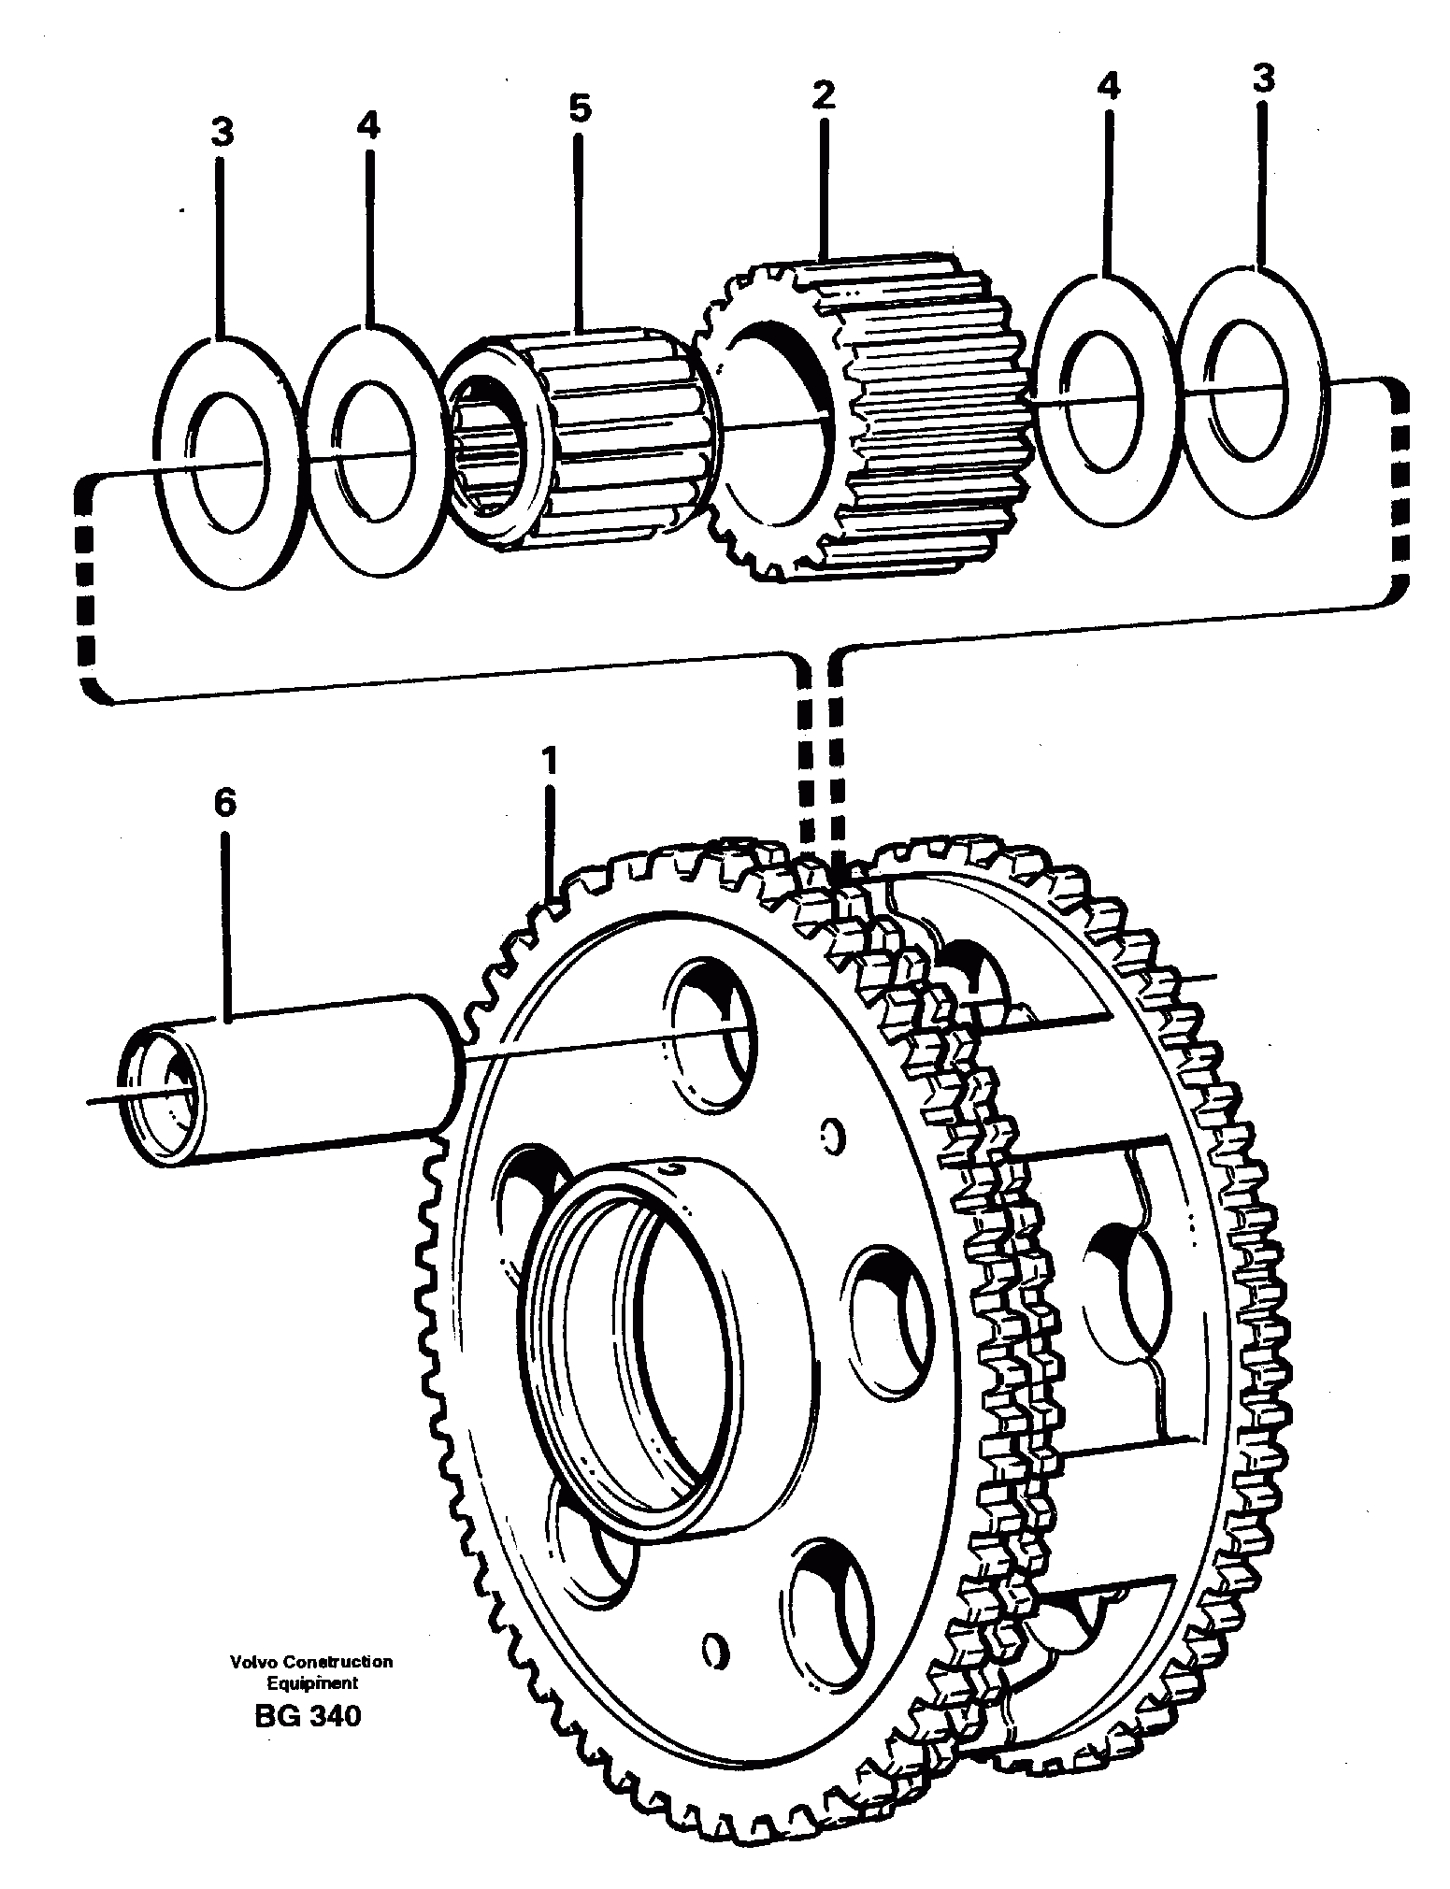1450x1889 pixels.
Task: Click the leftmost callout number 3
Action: point(222,134)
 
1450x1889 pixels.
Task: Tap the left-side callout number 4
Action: point(368,125)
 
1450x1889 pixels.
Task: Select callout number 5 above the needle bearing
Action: point(580,109)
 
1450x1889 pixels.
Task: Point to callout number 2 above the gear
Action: point(823,94)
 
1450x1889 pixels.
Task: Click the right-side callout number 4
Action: point(1108,87)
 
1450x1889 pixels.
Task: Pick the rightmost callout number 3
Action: point(1262,79)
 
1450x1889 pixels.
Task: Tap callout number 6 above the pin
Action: point(224,802)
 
